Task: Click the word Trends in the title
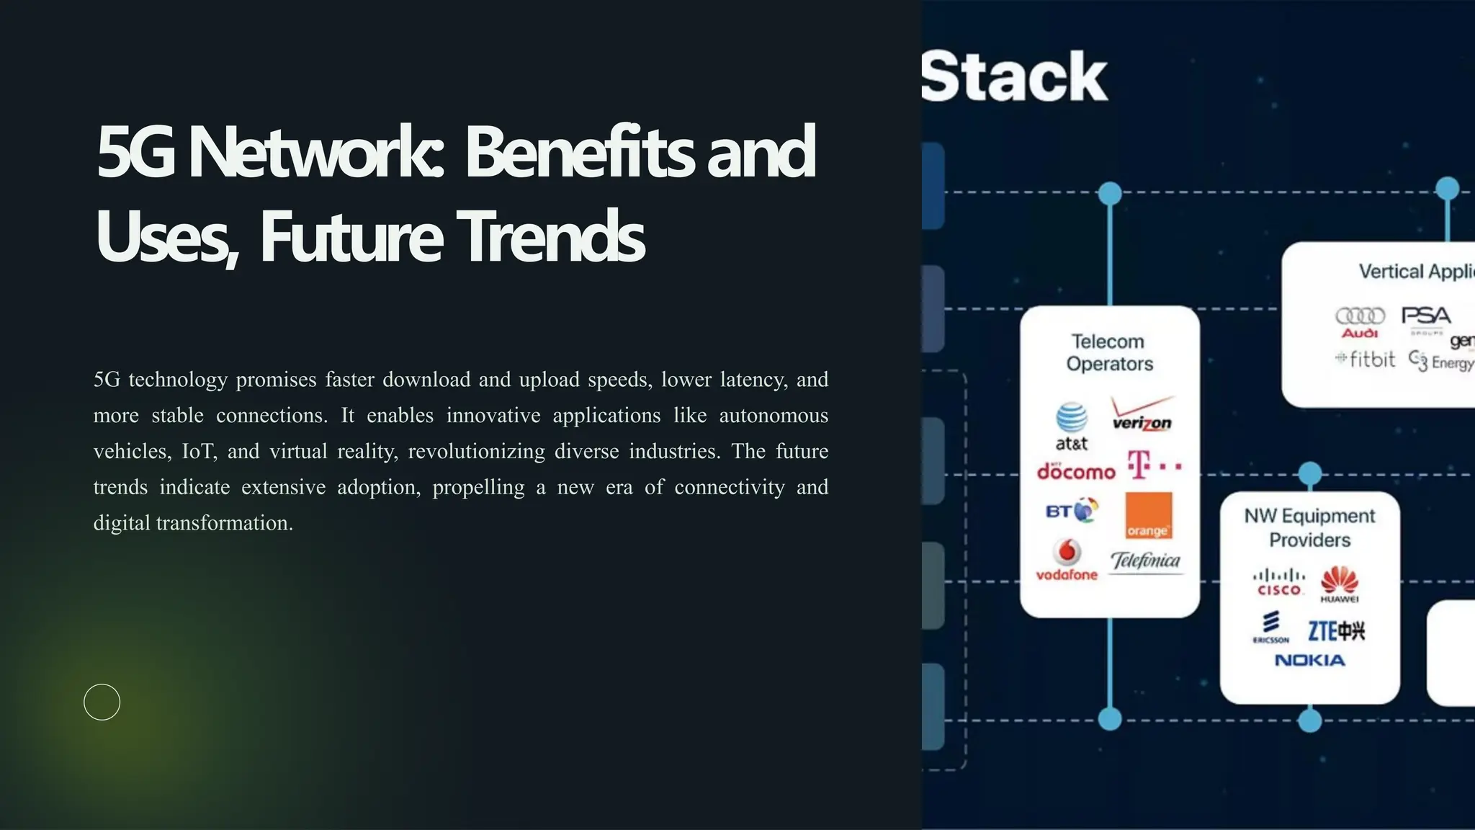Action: pyautogui.click(x=550, y=237)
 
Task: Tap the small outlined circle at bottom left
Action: pyautogui.click(x=102, y=702)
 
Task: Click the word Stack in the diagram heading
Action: pyautogui.click(x=1013, y=76)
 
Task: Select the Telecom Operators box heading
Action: pyautogui.click(x=1109, y=352)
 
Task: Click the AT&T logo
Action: pyautogui.click(x=1071, y=427)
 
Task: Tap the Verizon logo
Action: pyautogui.click(x=1142, y=414)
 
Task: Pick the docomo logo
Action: pyautogui.click(x=1076, y=471)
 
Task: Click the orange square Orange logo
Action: pyautogui.click(x=1148, y=515)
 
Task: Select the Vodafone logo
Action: pyautogui.click(x=1067, y=560)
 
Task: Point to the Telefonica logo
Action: pyautogui.click(x=1145, y=561)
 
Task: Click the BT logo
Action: pyautogui.click(x=1072, y=511)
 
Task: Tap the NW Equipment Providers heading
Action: pyautogui.click(x=1309, y=527)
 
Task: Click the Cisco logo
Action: pyautogui.click(x=1278, y=582)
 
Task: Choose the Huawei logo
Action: pyautogui.click(x=1340, y=584)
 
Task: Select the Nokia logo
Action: pyautogui.click(x=1309, y=660)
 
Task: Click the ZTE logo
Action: pyautogui.click(x=1336, y=630)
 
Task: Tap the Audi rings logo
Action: pyautogui.click(x=1360, y=321)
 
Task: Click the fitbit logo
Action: pyautogui.click(x=1366, y=359)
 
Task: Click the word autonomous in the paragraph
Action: pyautogui.click(x=773, y=416)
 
